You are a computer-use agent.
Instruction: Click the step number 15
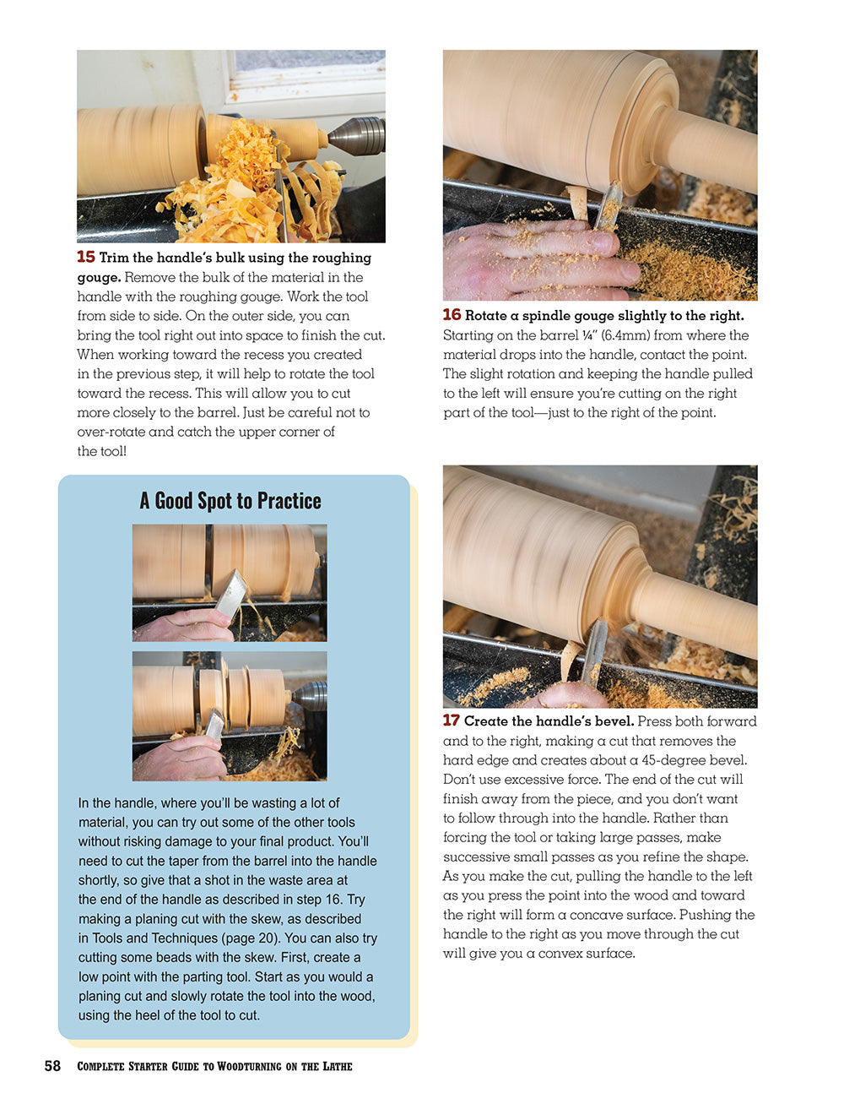(x=86, y=257)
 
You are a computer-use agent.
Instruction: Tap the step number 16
(x=452, y=315)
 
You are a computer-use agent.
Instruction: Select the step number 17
(x=452, y=721)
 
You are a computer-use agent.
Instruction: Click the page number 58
(x=52, y=1066)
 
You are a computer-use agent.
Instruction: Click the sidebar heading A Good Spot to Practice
(x=230, y=501)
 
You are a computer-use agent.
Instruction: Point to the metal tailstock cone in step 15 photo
(x=357, y=136)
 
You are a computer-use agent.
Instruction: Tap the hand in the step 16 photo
(x=523, y=258)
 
